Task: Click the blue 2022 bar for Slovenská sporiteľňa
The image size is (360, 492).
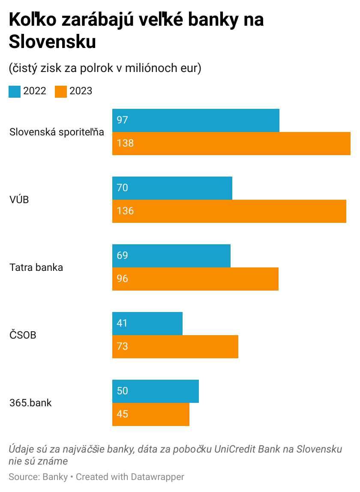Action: pos(196,120)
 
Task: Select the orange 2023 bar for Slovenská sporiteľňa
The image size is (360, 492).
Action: pos(231,144)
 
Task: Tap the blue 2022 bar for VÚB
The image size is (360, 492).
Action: pos(172,188)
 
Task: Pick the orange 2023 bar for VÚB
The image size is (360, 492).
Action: pos(229,211)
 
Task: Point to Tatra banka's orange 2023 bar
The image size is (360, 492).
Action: pos(195,279)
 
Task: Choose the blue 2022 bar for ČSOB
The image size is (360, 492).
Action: pos(147,324)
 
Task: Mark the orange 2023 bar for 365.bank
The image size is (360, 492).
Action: pos(151,414)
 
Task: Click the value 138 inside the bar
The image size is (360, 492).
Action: pos(125,144)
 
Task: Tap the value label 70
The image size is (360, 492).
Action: pos(122,188)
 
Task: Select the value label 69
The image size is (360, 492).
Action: pos(122,256)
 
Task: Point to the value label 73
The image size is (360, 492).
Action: pos(122,347)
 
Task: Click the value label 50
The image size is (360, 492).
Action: pos(122,391)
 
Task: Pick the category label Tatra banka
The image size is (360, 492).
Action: pos(36,267)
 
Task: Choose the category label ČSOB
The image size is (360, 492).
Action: pos(23,335)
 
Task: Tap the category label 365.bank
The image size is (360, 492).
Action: pos(30,403)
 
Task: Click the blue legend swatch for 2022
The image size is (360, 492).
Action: pos(15,92)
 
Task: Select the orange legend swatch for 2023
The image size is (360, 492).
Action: pos(61,92)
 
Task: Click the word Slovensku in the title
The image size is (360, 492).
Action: pos(52,42)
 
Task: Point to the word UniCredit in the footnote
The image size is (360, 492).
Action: pos(235,450)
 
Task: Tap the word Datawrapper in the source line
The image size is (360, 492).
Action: pos(157,477)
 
